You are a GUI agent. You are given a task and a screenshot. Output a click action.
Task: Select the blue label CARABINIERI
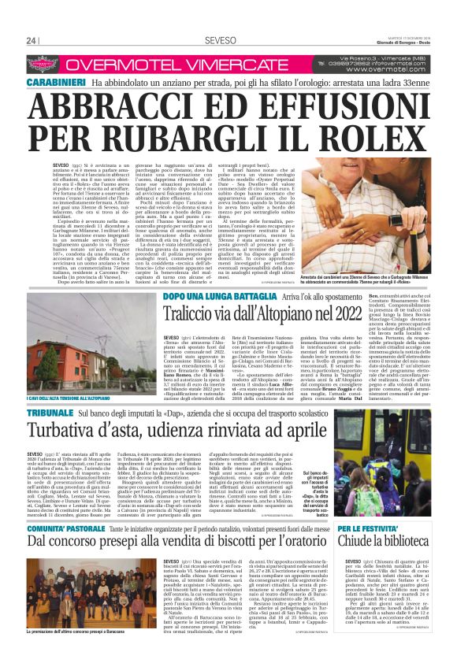click(56, 83)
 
